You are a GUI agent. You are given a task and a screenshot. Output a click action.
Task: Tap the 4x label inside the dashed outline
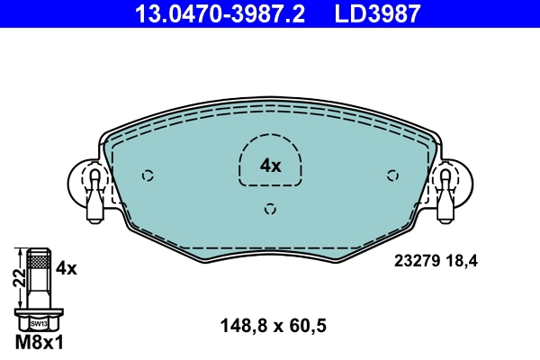(270, 165)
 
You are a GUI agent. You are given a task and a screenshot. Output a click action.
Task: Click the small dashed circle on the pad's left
(149, 175)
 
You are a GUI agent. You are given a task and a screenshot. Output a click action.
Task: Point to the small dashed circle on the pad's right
(391, 175)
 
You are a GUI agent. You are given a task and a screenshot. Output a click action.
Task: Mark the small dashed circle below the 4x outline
(270, 210)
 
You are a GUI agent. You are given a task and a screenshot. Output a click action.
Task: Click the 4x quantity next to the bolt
(66, 267)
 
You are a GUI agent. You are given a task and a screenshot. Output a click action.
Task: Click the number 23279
(416, 262)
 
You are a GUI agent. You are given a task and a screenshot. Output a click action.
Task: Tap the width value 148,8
(241, 327)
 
